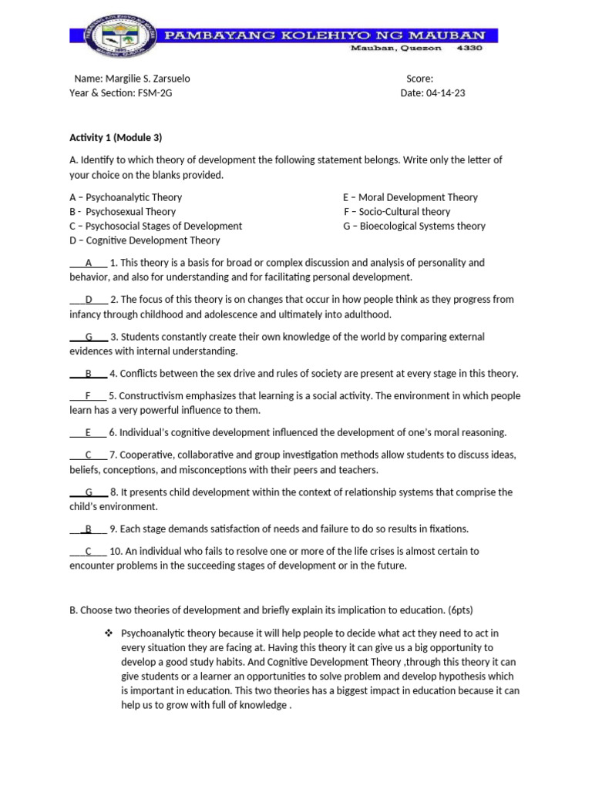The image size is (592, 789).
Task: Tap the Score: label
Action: point(419,79)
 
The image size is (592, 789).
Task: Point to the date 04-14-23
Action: point(445,93)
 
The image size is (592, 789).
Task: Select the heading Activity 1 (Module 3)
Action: point(116,137)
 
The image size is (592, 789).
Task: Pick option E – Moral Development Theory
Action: point(410,197)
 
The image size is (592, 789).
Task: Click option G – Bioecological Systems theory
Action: point(414,226)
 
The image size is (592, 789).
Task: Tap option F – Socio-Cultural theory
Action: point(397,211)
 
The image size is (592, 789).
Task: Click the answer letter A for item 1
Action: point(89,263)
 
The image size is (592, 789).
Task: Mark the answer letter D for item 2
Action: point(89,299)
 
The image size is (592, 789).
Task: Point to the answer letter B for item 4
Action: point(89,374)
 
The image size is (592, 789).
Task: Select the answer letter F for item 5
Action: point(89,395)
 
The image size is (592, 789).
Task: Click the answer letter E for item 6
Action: point(89,432)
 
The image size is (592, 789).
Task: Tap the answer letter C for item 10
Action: point(89,551)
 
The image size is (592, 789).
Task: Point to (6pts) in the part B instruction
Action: point(480,610)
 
